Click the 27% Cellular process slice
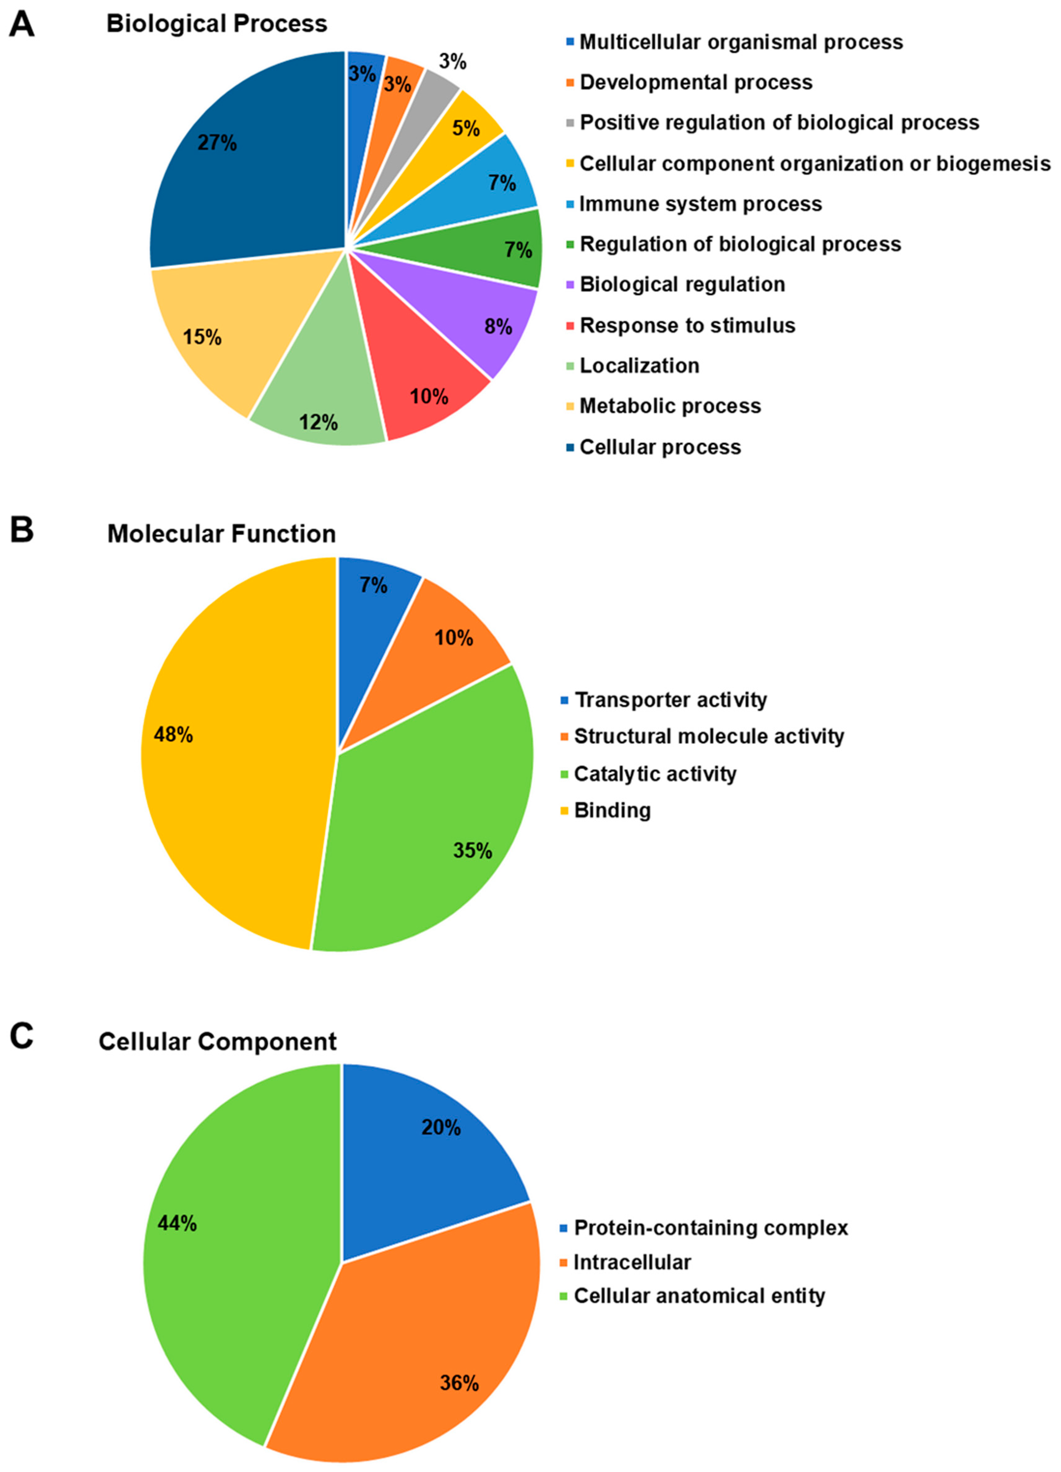pyautogui.click(x=247, y=162)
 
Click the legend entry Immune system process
pyautogui.click(x=700, y=204)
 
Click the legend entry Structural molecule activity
pyautogui.click(x=709, y=736)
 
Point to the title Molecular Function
pyautogui.click(x=221, y=533)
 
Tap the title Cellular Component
pyautogui.click(x=217, y=1041)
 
